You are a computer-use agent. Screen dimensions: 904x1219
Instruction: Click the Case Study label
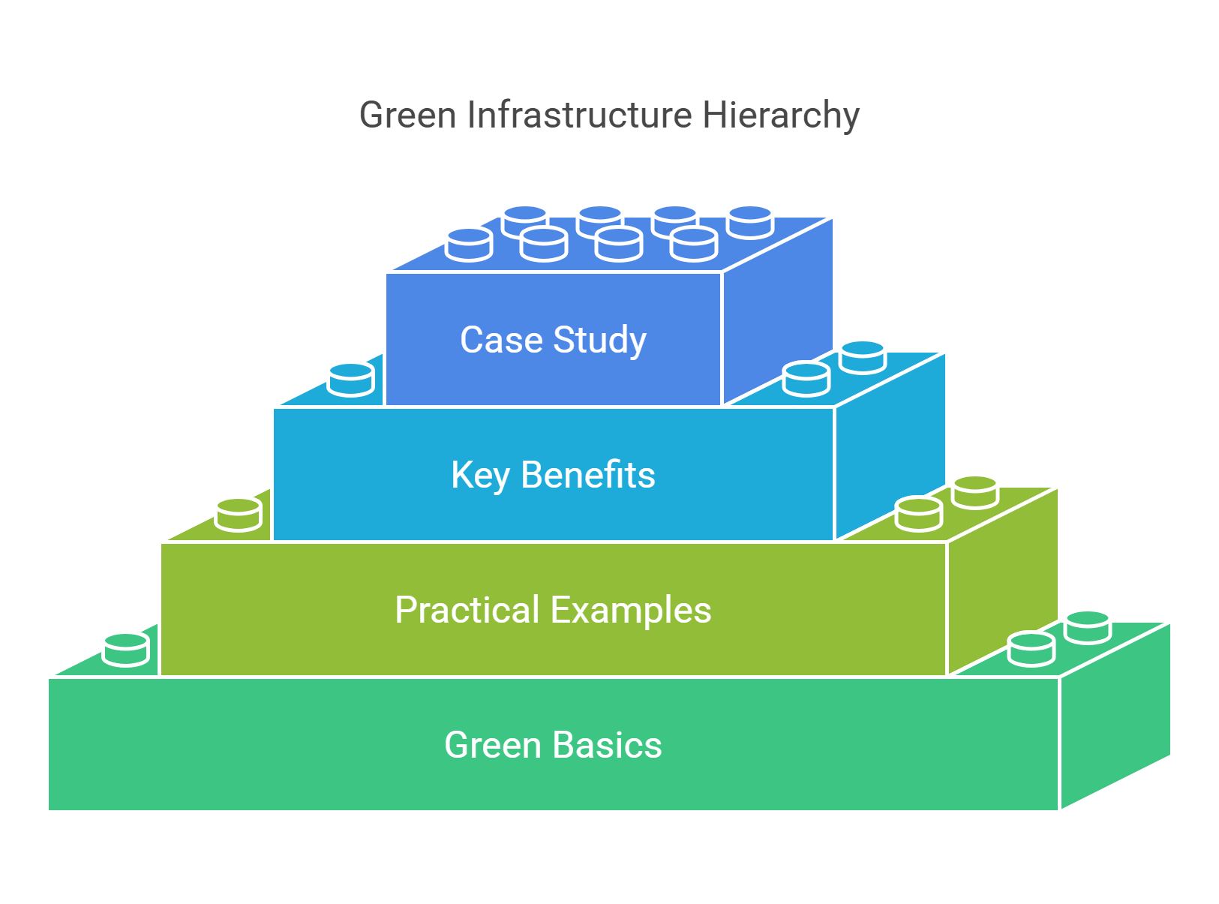[553, 340]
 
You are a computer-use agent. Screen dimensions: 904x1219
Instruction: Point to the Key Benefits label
[553, 475]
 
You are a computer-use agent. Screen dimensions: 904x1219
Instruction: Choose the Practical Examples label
[553, 610]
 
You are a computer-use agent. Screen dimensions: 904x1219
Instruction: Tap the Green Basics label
[553, 745]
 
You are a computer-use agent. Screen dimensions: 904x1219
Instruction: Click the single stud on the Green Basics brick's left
[126, 650]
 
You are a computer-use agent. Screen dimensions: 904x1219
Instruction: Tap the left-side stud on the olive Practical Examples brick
[239, 515]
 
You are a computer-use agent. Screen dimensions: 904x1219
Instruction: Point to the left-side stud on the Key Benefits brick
[351, 380]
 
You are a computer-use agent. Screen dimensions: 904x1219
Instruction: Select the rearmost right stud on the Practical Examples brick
[975, 492]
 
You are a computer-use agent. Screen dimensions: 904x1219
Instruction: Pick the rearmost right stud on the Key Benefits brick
[863, 357]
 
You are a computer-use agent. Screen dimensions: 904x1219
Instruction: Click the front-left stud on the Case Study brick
[469, 245]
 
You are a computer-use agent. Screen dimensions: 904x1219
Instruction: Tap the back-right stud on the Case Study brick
[750, 222]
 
